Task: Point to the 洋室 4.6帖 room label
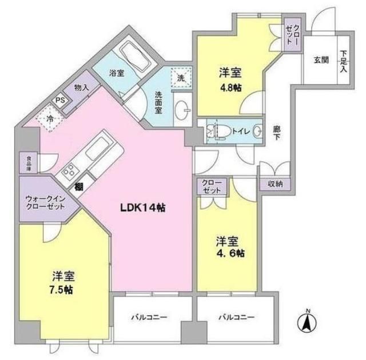230,246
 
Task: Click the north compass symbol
307,323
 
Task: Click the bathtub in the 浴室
135,58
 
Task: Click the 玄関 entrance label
320,59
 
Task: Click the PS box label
59,99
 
